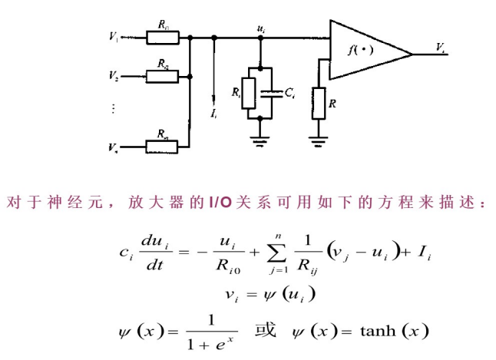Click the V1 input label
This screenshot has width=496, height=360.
click(114, 35)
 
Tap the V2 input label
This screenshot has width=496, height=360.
click(114, 76)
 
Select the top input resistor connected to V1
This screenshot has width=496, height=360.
click(163, 35)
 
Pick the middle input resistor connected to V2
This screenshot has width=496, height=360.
click(163, 76)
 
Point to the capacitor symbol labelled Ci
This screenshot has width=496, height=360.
click(269, 94)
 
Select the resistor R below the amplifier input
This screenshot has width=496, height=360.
click(317, 102)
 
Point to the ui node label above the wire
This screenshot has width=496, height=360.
click(263, 28)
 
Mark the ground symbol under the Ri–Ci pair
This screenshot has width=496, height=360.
click(261, 137)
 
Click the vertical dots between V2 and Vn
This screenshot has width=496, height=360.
click(113, 109)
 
